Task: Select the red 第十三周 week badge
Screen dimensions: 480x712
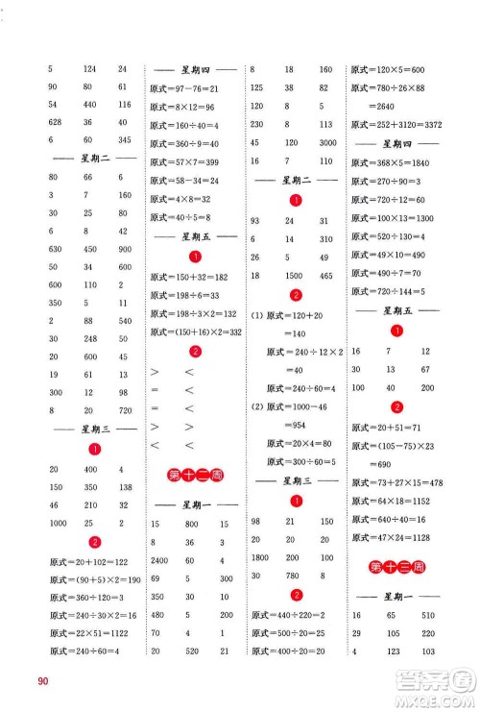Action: click(x=388, y=566)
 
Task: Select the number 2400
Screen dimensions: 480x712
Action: click(x=161, y=560)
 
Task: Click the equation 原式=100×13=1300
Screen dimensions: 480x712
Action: click(x=395, y=220)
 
